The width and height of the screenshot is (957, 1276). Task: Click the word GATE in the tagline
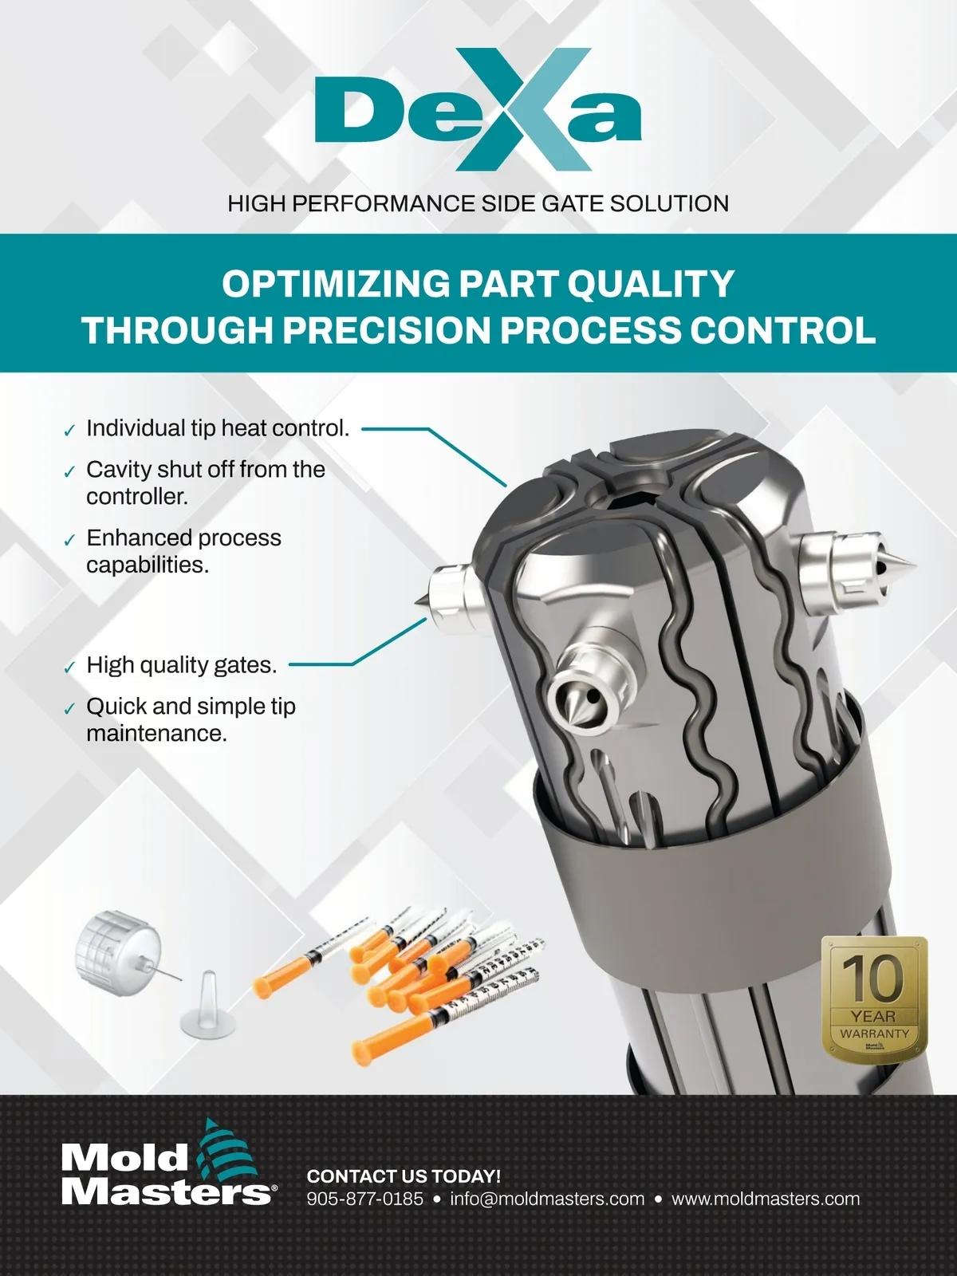pyautogui.click(x=573, y=204)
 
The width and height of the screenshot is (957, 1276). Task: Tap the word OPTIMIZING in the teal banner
pyautogui.click(x=336, y=284)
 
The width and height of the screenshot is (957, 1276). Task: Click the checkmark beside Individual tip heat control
pyautogui.click(x=69, y=431)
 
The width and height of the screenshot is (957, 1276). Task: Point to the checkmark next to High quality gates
pyautogui.click(x=69, y=668)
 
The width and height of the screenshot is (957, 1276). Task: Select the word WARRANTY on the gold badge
pyautogui.click(x=875, y=1034)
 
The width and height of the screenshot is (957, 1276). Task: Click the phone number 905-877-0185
pyautogui.click(x=365, y=1199)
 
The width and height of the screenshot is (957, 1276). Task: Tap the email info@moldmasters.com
pyautogui.click(x=547, y=1199)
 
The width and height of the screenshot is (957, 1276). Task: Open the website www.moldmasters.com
pyautogui.click(x=766, y=1199)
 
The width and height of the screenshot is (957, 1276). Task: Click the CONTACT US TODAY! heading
pyautogui.click(x=404, y=1176)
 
